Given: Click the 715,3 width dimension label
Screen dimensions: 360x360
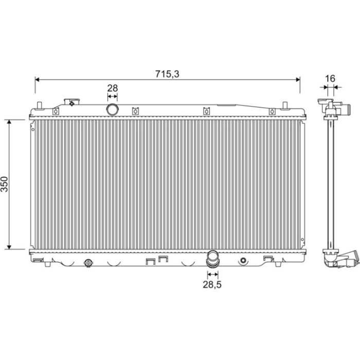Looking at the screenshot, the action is pos(167,74).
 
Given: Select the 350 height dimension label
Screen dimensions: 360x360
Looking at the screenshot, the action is pos(4,184).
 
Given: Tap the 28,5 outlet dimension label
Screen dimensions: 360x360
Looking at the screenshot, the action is pos(212,284).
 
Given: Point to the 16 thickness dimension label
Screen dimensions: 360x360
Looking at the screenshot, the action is pos(330,79).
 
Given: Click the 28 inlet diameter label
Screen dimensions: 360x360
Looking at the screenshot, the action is pos(113,88).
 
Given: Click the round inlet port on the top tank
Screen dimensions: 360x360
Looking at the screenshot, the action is pos(113,110).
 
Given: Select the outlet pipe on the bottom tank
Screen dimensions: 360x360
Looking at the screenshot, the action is pos(212,259).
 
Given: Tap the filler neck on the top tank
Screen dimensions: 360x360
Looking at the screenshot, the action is pos(72,102).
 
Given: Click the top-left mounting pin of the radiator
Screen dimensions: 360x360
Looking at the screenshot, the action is pos(39,105).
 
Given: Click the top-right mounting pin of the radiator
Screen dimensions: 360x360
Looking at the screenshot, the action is pos(285,105).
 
